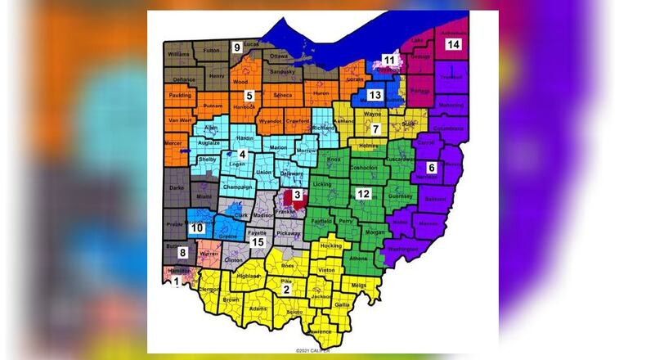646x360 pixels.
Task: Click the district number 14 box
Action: tap(453, 44)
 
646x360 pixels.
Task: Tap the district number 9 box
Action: tap(237, 46)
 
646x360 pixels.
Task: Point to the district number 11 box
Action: tap(390, 60)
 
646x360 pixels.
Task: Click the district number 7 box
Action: tap(375, 129)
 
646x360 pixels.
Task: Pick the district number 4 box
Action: tap(241, 153)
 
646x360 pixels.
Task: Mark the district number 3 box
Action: tap(298, 194)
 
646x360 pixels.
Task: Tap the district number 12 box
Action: tap(364, 194)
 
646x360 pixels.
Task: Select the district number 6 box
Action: tap(432, 169)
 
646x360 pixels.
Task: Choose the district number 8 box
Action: tap(183, 253)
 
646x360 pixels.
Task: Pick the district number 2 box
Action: tap(286, 289)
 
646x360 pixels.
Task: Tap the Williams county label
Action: tap(177, 54)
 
